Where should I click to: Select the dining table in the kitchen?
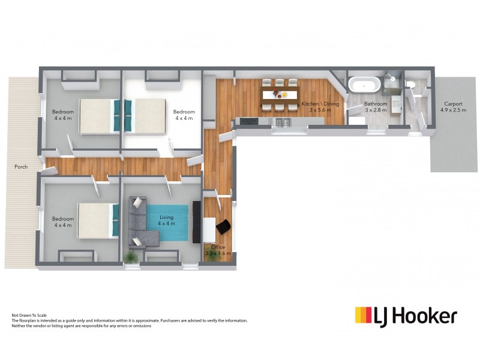pyautogui.click(x=280, y=94)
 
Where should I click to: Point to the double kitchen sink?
pyautogui.click(x=280, y=122)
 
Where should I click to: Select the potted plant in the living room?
pyautogui.click(x=130, y=256)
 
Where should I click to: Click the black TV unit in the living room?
pyautogui.click(x=197, y=222)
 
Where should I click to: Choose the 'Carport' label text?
pyautogui.click(x=453, y=103)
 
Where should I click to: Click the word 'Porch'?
pyautogui.click(x=21, y=167)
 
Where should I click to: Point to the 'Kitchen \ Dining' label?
pyautogui.click(x=320, y=104)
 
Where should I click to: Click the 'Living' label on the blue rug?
pyautogui.click(x=166, y=217)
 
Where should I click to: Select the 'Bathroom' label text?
pyautogui.click(x=376, y=104)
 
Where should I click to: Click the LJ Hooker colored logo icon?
pyautogui.click(x=363, y=316)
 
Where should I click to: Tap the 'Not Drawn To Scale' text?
pyautogui.click(x=29, y=315)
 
